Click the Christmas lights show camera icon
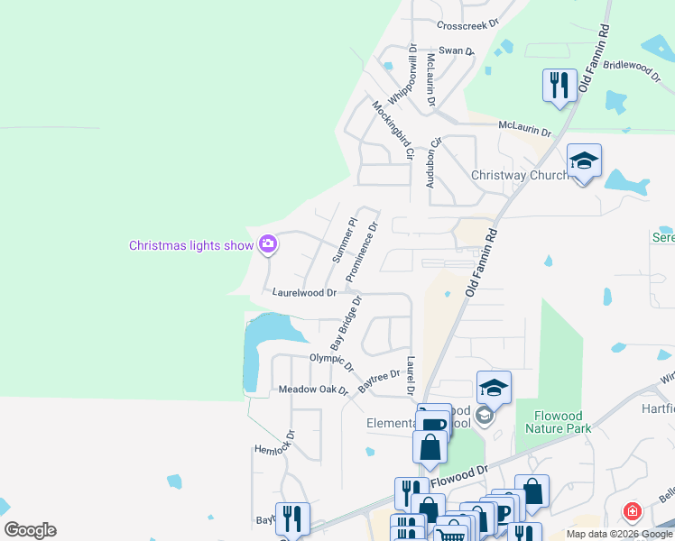[x=268, y=244]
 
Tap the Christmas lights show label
[x=190, y=245]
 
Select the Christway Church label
[x=520, y=175]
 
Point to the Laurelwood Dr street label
[x=304, y=293]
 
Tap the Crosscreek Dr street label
[x=467, y=25]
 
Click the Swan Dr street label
[x=457, y=51]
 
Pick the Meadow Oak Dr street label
[x=312, y=390]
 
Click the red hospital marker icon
[x=633, y=513]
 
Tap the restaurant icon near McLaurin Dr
[x=559, y=86]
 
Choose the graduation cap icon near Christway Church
[x=584, y=162]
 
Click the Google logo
[x=30, y=530]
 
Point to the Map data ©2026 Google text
[x=619, y=534]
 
